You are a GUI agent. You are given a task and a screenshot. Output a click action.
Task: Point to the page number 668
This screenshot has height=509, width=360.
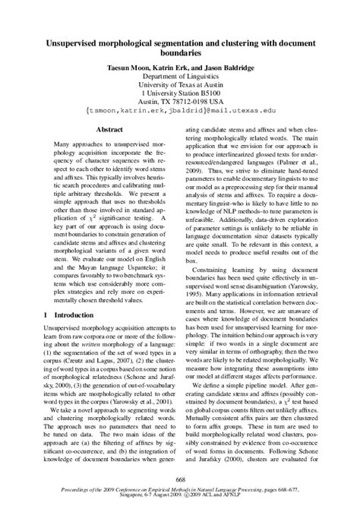tap(180, 479)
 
